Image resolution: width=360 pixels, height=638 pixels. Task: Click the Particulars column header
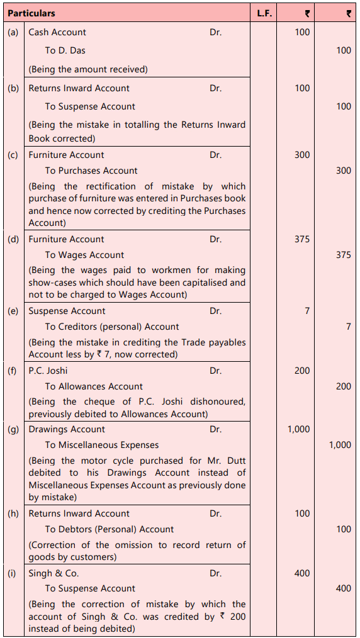31,13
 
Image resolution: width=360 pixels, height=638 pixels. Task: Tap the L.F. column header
264,13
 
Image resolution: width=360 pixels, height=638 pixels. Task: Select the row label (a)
13,32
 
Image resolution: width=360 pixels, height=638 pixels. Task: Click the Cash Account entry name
57,32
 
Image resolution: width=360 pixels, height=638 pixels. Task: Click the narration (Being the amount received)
88,69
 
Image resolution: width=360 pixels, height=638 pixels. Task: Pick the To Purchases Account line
91,171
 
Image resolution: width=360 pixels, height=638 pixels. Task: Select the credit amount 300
343,171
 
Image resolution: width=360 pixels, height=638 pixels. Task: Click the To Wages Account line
84,255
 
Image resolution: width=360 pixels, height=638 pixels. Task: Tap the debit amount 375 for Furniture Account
302,239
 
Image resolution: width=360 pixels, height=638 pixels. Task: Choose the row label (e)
13,311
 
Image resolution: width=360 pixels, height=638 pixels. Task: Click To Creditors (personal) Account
112,327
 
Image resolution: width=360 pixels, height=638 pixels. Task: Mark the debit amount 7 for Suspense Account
307,311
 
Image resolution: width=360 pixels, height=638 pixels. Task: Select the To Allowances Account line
94,386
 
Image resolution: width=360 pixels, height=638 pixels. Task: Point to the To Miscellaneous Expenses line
102,445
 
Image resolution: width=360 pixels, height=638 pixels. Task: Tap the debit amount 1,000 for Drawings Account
298,429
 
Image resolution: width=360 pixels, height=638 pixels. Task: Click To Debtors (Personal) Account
110,529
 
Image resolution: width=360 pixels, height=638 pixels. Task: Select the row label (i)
13,573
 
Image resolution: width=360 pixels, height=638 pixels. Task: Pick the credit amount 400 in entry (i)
343,588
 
